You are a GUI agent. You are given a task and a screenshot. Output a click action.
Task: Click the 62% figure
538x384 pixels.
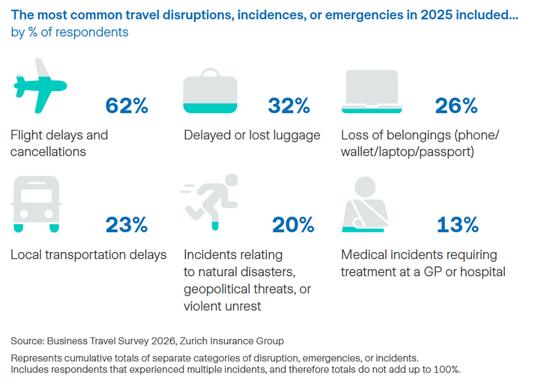pos(127,106)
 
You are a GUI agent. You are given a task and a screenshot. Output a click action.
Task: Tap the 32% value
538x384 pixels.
pos(289,106)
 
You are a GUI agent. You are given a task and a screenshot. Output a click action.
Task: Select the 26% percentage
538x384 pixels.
pos(456,106)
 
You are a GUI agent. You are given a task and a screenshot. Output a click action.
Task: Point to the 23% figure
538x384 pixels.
pos(127,225)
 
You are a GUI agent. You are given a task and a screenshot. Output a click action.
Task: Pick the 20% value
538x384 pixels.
pos(293,225)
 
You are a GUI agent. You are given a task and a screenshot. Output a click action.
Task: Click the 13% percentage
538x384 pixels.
pos(458,225)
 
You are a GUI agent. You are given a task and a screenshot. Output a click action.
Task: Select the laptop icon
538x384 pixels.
pos(372,91)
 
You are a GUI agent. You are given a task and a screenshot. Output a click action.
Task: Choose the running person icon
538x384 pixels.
pos(211,201)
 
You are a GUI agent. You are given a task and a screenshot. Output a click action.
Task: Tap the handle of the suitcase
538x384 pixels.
pos(210,72)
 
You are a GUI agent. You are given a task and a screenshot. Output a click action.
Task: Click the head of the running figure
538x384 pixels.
pos(231,180)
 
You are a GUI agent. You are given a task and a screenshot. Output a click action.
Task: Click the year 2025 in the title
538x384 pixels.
pos(437,15)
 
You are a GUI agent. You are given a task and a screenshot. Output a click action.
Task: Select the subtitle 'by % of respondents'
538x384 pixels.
pos(69,32)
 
